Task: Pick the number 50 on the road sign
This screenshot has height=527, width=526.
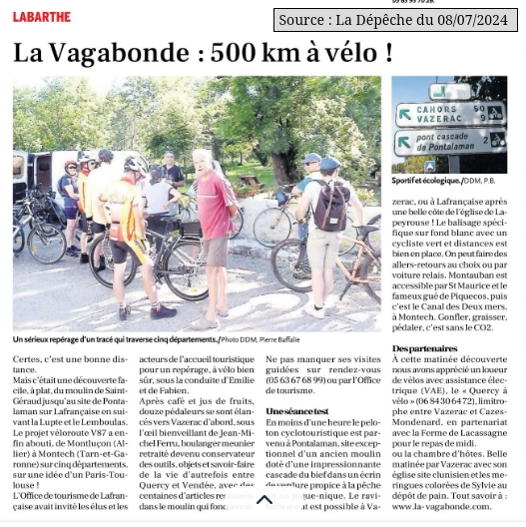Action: click(x=479, y=109)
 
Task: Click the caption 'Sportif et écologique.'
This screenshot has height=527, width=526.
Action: click(x=426, y=181)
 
